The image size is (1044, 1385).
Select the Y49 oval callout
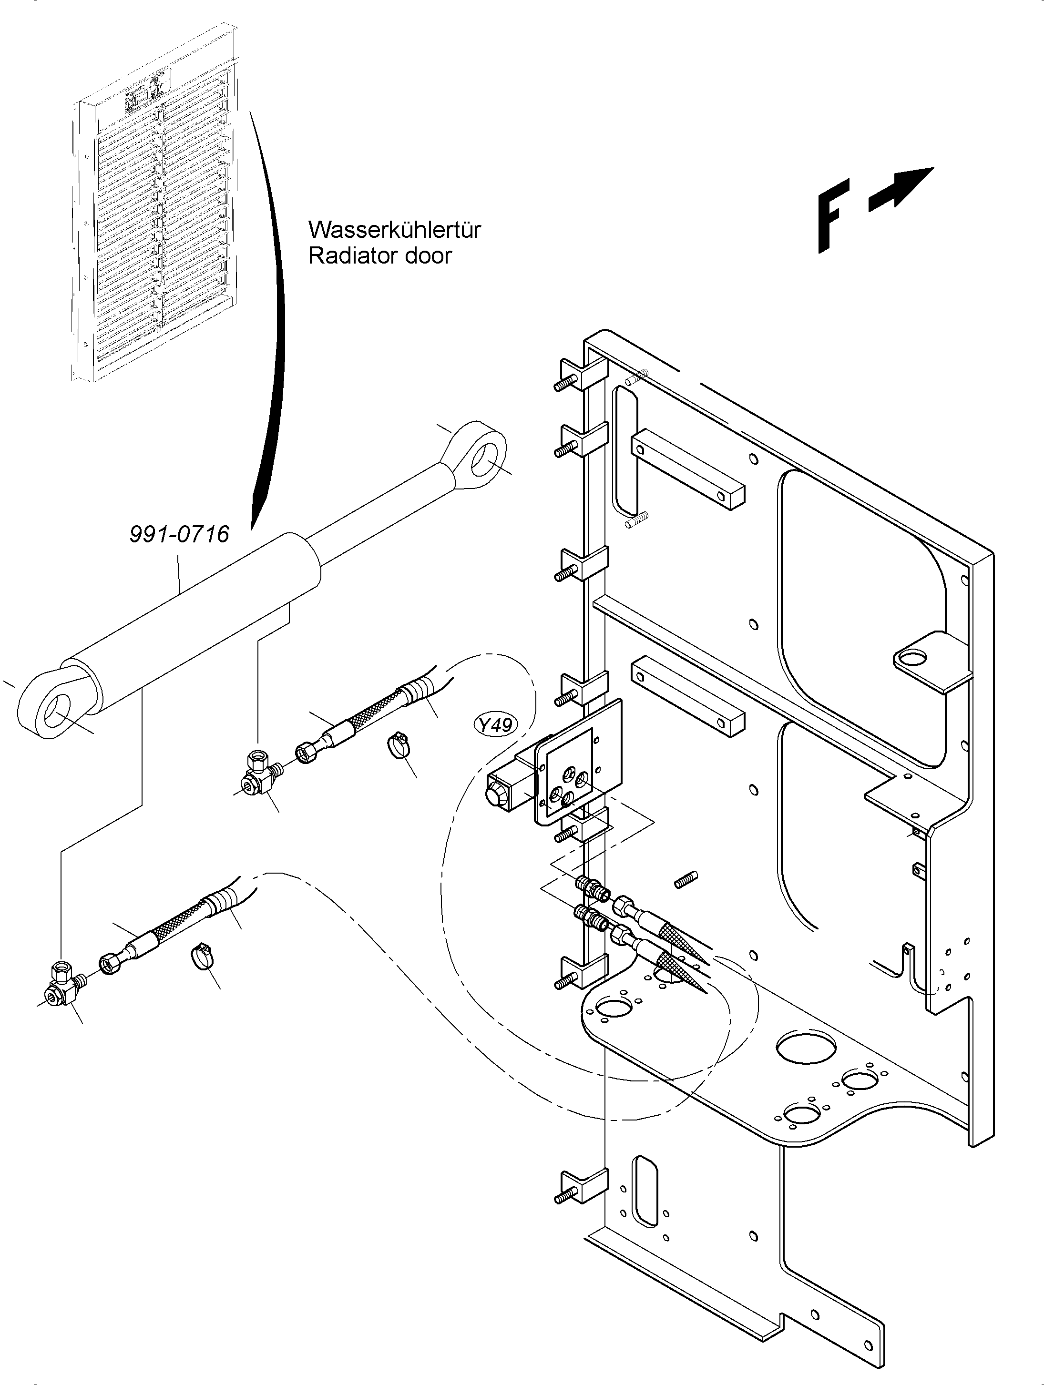click(495, 725)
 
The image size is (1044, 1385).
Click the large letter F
click(833, 215)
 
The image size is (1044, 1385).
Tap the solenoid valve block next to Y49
click(511, 789)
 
